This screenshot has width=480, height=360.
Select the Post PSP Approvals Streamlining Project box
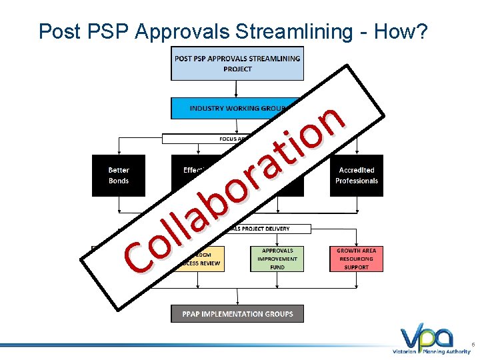[237, 63]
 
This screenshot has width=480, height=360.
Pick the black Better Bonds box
[118, 175]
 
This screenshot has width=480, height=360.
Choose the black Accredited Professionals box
[357, 175]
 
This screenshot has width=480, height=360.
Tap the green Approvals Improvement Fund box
[277, 259]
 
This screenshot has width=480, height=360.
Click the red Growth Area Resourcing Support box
[357, 259]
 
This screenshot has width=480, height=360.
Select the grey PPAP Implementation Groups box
[237, 313]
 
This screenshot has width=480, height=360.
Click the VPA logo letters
[427, 337]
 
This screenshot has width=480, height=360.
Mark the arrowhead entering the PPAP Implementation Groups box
[237, 302]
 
